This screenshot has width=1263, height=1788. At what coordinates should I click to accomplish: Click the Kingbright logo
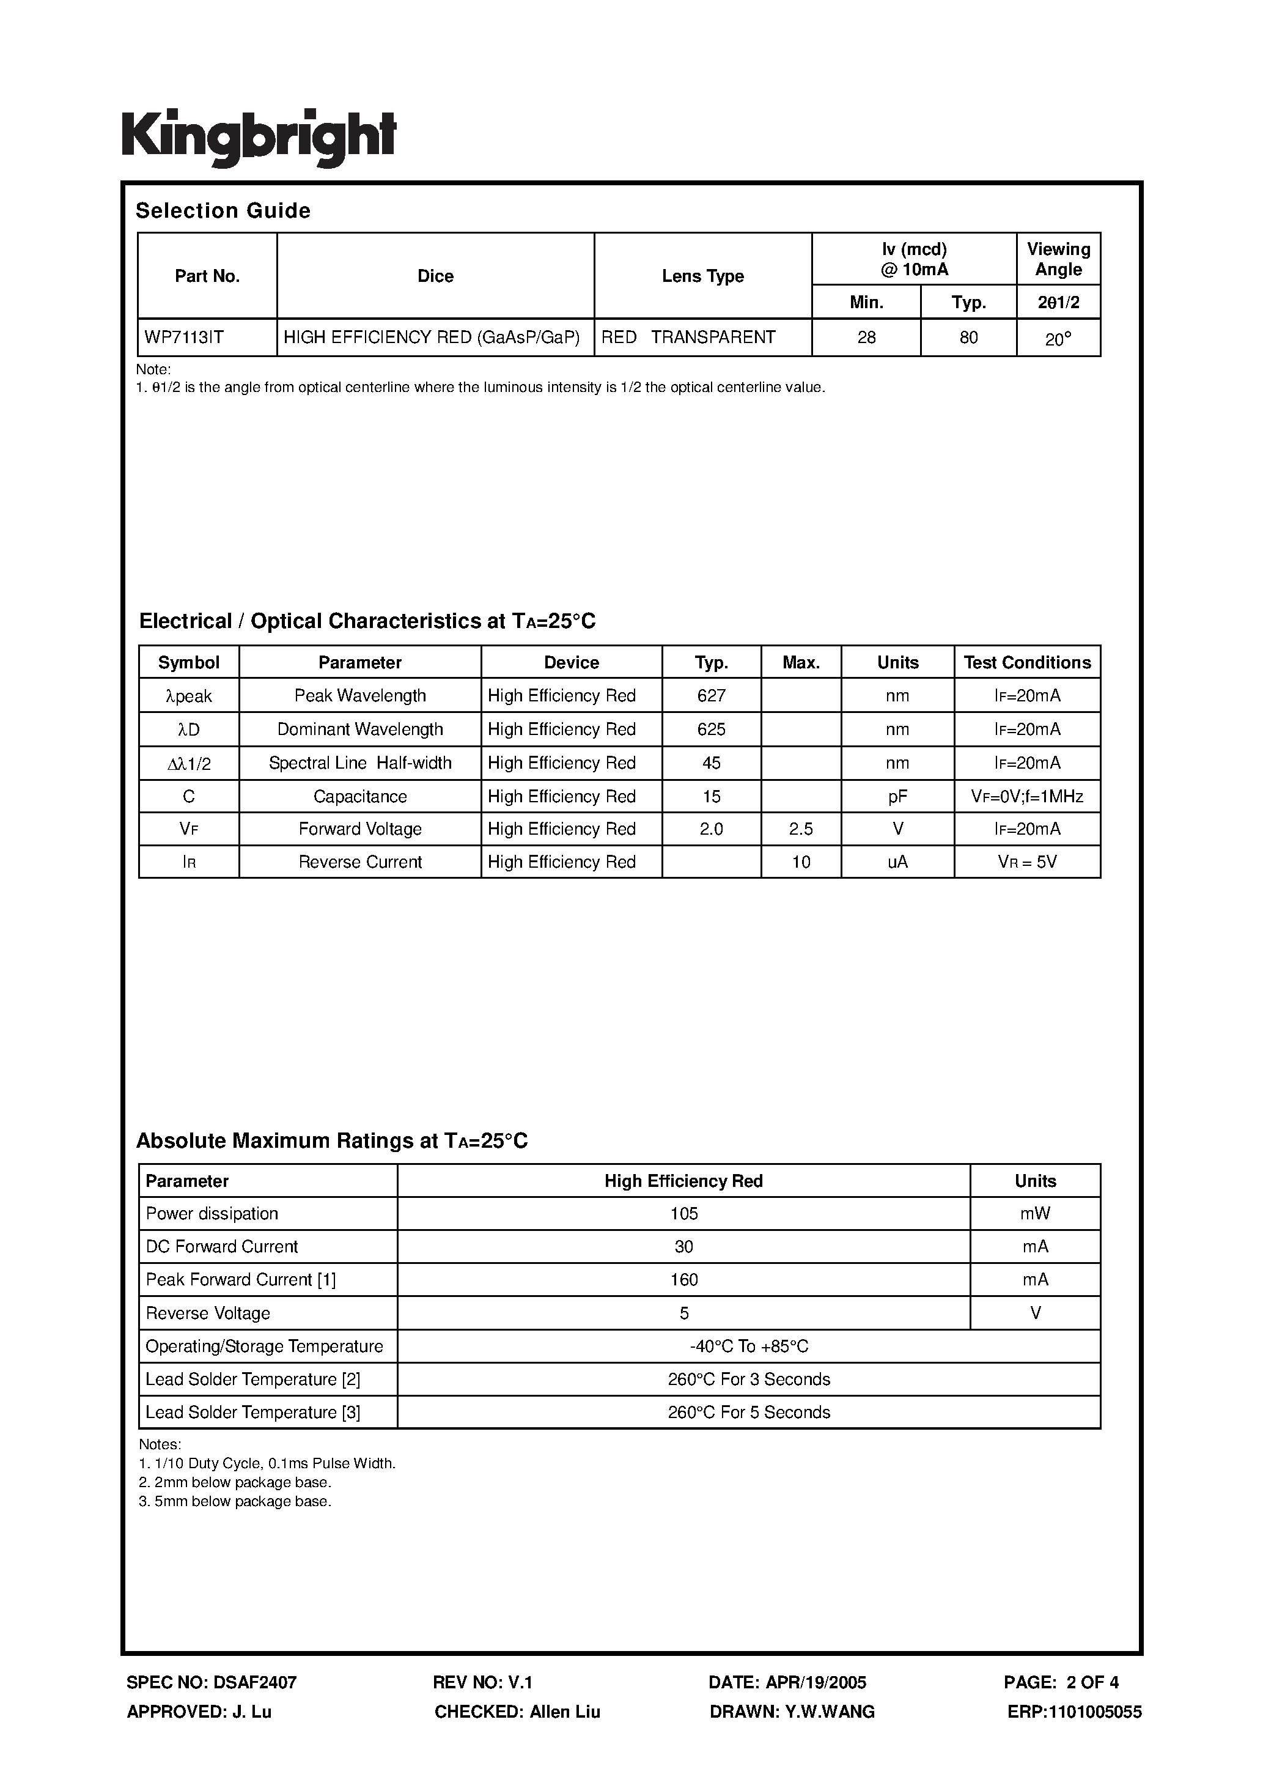point(259,137)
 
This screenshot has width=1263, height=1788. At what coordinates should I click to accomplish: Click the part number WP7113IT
point(184,337)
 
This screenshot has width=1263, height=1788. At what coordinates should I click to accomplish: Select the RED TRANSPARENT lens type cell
point(688,337)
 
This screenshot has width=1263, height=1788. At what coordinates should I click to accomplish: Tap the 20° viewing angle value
point(1058,339)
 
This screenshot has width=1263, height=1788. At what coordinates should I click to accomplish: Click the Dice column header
point(435,276)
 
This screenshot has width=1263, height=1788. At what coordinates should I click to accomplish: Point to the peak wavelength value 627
point(711,695)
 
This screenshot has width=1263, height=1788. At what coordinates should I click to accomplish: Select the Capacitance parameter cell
point(359,796)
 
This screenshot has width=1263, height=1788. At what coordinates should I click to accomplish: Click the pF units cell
point(897,796)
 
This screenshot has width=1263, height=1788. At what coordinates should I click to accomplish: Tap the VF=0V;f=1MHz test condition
point(1026,796)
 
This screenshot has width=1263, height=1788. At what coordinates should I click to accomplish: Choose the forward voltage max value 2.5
point(800,829)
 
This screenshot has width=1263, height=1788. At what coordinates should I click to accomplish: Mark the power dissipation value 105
point(683,1213)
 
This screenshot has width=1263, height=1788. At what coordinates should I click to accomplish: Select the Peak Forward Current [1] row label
point(241,1279)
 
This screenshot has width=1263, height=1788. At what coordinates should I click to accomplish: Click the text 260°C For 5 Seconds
point(748,1412)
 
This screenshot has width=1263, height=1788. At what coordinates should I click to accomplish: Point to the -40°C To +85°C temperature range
point(748,1346)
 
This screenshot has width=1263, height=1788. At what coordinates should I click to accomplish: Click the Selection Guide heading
point(223,210)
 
